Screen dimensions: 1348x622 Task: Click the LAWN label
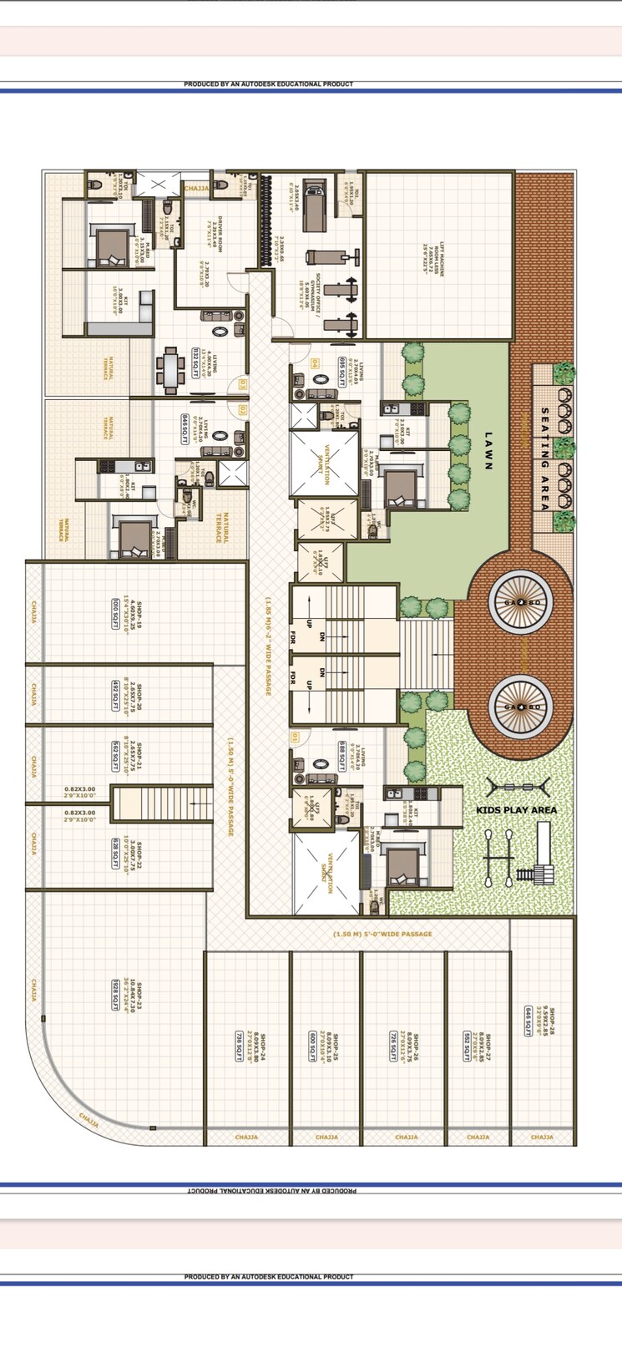point(489,451)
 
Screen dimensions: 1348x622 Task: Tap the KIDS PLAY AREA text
point(516,810)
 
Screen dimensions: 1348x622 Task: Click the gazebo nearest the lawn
point(520,601)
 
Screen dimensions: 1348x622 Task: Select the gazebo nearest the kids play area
point(520,707)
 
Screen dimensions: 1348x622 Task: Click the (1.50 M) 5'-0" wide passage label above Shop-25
point(382,934)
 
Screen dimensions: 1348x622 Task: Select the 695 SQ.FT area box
point(341,367)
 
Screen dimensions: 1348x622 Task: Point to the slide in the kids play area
point(544,852)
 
